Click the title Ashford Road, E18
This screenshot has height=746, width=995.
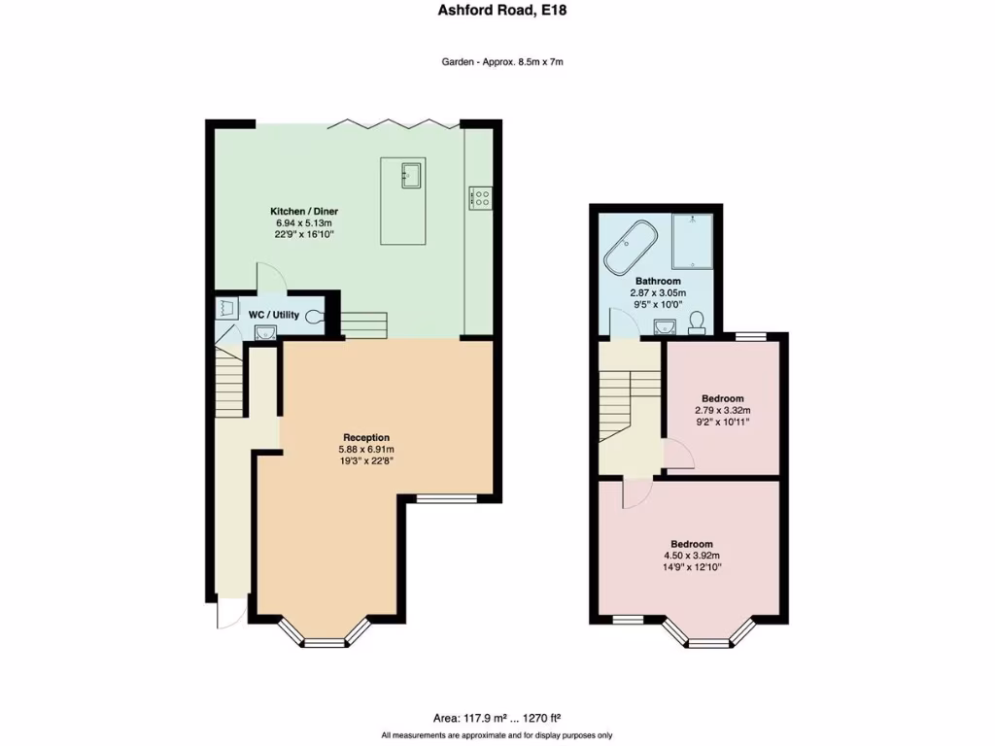tap(497, 11)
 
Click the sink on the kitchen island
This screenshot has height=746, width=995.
tap(410, 176)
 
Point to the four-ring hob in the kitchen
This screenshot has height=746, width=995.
tap(480, 197)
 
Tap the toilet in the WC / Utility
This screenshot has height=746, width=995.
tap(314, 316)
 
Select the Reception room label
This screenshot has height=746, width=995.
tap(365, 437)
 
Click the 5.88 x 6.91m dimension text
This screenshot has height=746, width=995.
tap(365, 450)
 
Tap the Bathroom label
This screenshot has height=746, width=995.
tap(658, 281)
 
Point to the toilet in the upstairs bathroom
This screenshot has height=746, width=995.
tap(696, 322)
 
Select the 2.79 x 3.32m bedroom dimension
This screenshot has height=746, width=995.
tap(723, 411)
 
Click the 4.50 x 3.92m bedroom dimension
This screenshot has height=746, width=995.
tap(692, 556)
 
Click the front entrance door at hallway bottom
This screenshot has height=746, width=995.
tap(225, 612)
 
